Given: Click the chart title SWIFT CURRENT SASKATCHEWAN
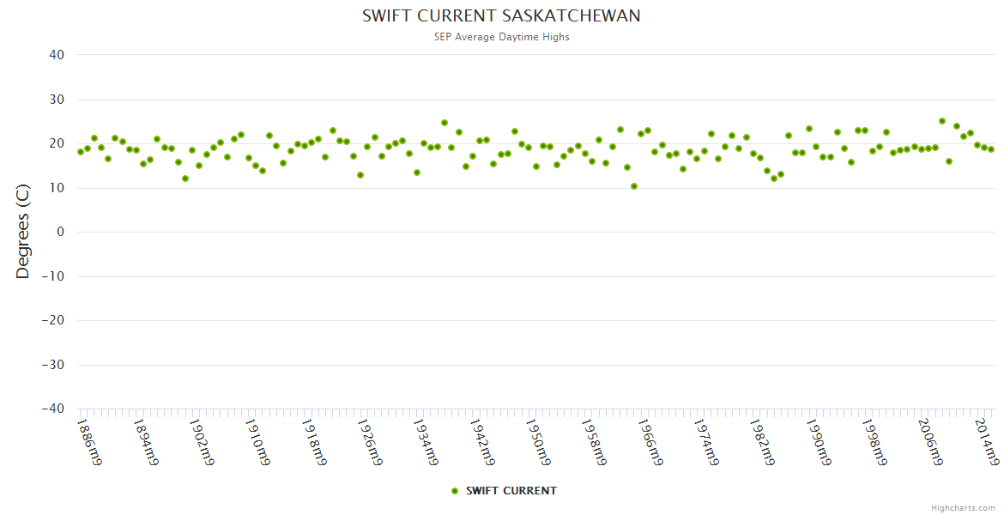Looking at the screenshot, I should [x=501, y=16].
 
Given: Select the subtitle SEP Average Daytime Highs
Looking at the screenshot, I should [x=501, y=37].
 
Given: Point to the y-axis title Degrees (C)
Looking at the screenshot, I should [x=23, y=232].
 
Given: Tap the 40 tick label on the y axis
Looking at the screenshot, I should [x=57, y=55].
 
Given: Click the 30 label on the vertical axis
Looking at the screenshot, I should [x=57, y=100].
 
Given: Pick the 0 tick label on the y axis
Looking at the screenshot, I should [x=61, y=232].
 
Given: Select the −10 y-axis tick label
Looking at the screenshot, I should [x=54, y=276].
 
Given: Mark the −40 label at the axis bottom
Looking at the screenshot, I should [x=54, y=409].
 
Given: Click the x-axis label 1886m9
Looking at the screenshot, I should [x=89, y=441].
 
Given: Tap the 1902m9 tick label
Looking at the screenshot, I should [x=201, y=441].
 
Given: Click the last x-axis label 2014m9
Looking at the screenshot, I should [x=986, y=441].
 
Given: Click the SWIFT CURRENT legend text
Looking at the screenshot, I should [x=511, y=491].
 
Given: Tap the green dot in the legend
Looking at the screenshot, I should [x=455, y=491].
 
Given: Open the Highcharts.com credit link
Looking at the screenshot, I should [x=963, y=508].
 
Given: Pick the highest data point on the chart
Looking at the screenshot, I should [x=942, y=121].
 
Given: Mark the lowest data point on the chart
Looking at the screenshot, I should [x=634, y=186].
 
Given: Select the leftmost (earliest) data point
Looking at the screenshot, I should [x=81, y=152].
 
